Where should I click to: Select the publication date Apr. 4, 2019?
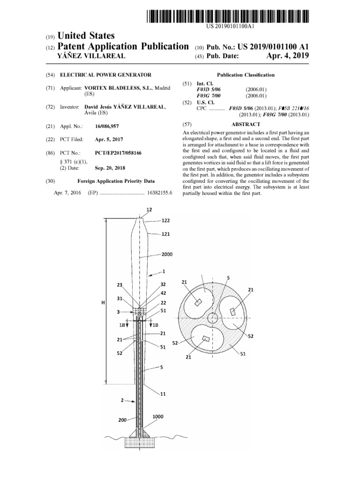click(288, 56)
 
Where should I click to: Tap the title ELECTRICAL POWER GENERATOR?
click(105, 75)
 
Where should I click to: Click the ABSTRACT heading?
click(246, 124)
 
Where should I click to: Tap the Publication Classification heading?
click(246, 75)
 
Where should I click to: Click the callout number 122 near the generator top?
click(166, 220)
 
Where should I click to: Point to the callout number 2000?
click(166, 254)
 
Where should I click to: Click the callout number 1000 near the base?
click(158, 416)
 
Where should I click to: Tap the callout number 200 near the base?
click(122, 420)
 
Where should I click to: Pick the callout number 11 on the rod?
click(163, 394)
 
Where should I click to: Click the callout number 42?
click(164, 293)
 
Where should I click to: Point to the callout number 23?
click(120, 285)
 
